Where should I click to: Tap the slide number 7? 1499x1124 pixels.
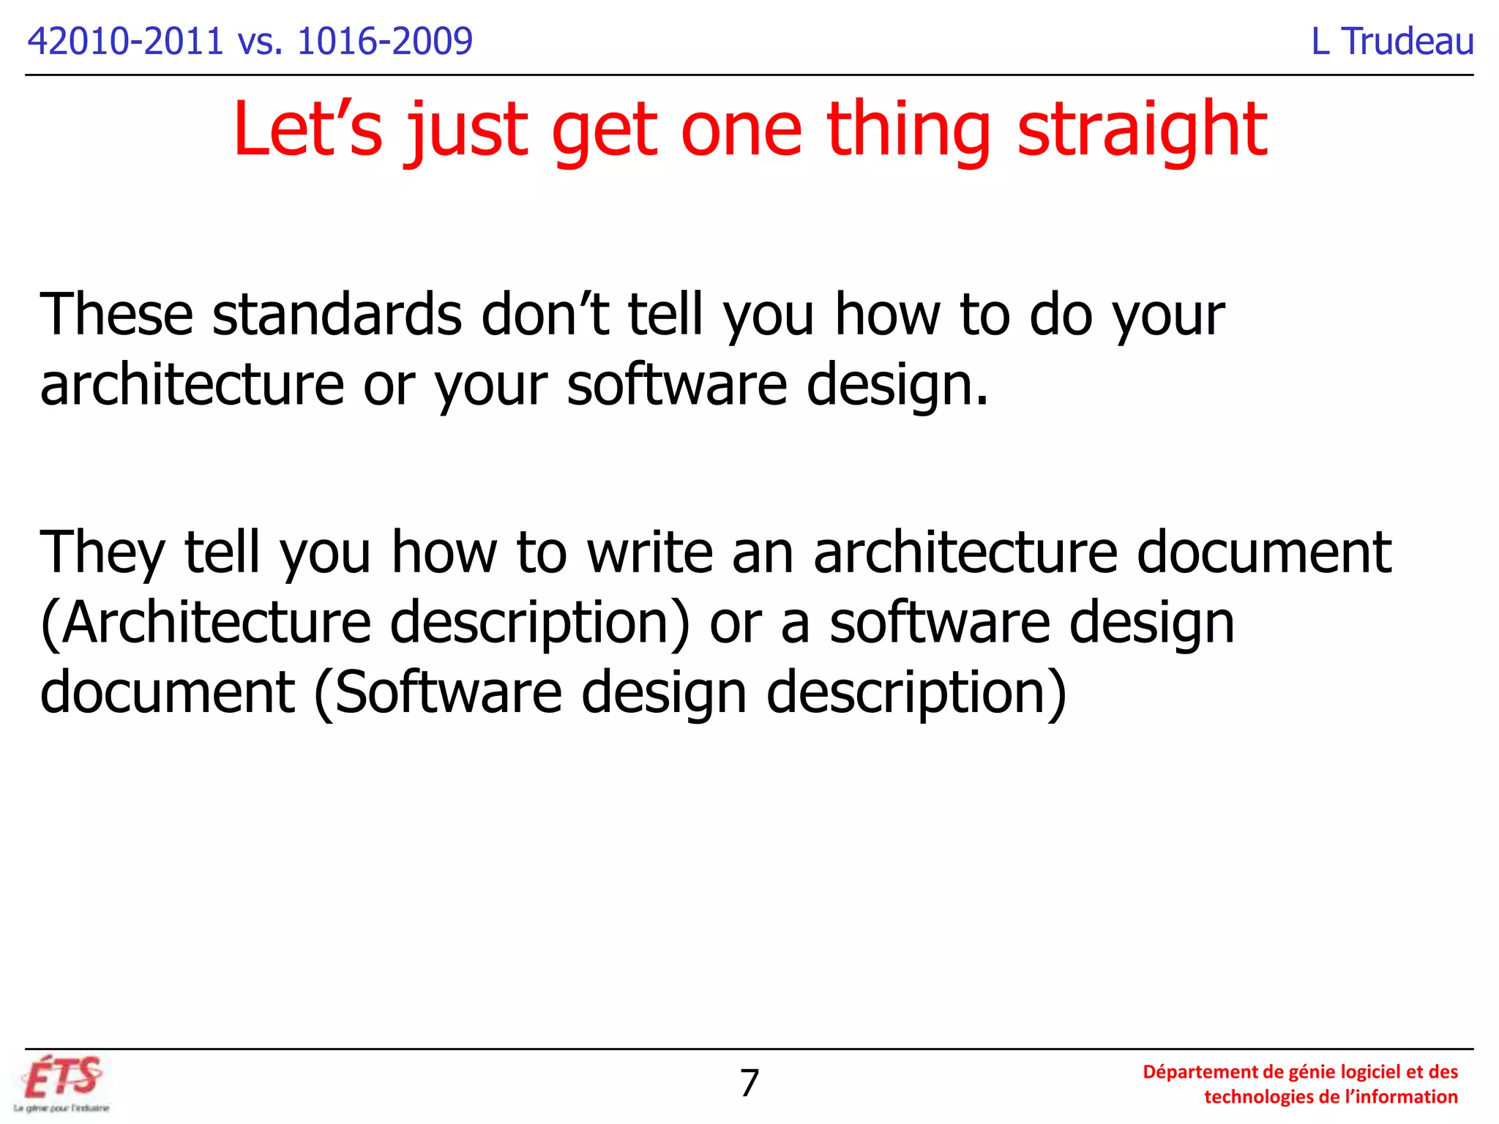[x=749, y=1083]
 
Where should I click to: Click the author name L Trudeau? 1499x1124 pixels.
[x=1392, y=41]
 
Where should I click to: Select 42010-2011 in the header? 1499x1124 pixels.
[x=124, y=41]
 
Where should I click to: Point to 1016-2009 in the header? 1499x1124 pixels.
[x=385, y=41]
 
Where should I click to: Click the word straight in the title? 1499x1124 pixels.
[x=1142, y=130]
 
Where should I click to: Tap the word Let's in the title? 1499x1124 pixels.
[x=307, y=130]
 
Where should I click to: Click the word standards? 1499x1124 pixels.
[x=337, y=315]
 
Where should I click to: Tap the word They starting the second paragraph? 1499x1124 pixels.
[x=102, y=552]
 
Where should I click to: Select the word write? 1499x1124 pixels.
[x=650, y=552]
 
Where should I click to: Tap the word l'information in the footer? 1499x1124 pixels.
[x=1402, y=1097]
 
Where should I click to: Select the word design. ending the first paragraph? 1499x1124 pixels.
[x=897, y=385]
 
